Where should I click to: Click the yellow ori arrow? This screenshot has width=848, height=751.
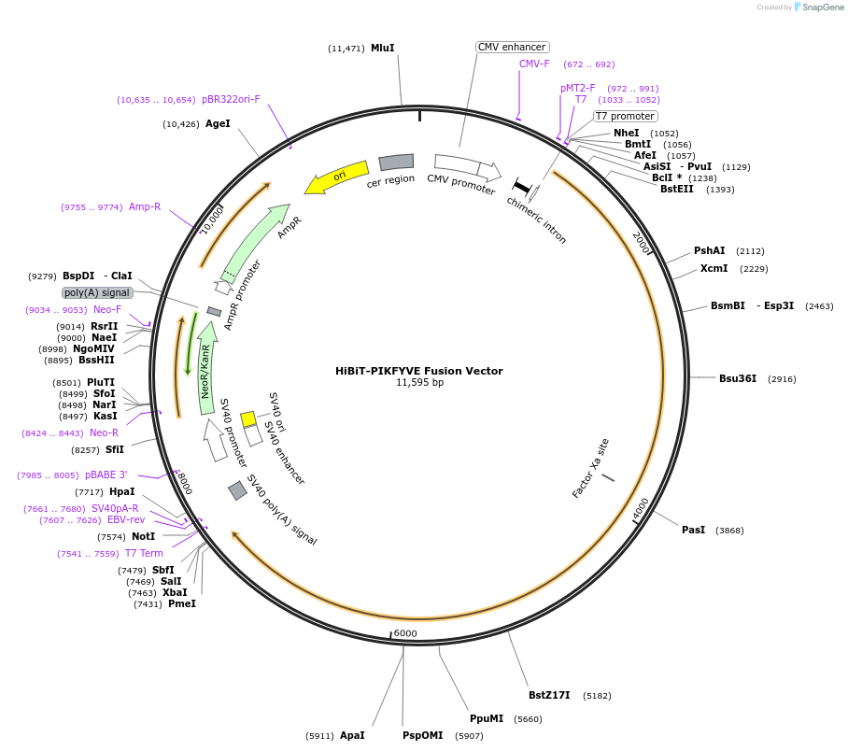coord(336,177)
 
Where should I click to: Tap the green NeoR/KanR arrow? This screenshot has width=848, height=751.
coord(206,368)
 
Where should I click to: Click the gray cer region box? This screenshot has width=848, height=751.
coord(396,162)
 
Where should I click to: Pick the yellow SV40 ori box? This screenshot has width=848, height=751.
coord(248,418)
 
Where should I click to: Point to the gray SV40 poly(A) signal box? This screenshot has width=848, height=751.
coord(237,490)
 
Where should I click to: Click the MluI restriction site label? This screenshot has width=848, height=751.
coord(382,49)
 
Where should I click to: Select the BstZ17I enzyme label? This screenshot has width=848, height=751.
coord(549,695)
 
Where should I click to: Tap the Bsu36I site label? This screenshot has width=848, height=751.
coord(738,378)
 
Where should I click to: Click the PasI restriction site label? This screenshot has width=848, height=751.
coord(693,531)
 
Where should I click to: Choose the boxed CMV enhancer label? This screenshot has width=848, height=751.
coord(512,47)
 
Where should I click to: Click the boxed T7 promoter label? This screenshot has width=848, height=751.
coord(625,116)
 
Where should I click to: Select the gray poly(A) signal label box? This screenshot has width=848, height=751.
coord(97,292)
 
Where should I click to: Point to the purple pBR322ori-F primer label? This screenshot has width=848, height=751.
coord(231,100)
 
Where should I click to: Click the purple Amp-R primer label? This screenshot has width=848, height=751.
coord(145,206)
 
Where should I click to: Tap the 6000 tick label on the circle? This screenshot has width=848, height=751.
coord(405,633)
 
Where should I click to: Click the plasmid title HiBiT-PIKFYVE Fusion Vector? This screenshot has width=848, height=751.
coord(419,371)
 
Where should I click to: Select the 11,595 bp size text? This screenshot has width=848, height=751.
coord(419,383)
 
